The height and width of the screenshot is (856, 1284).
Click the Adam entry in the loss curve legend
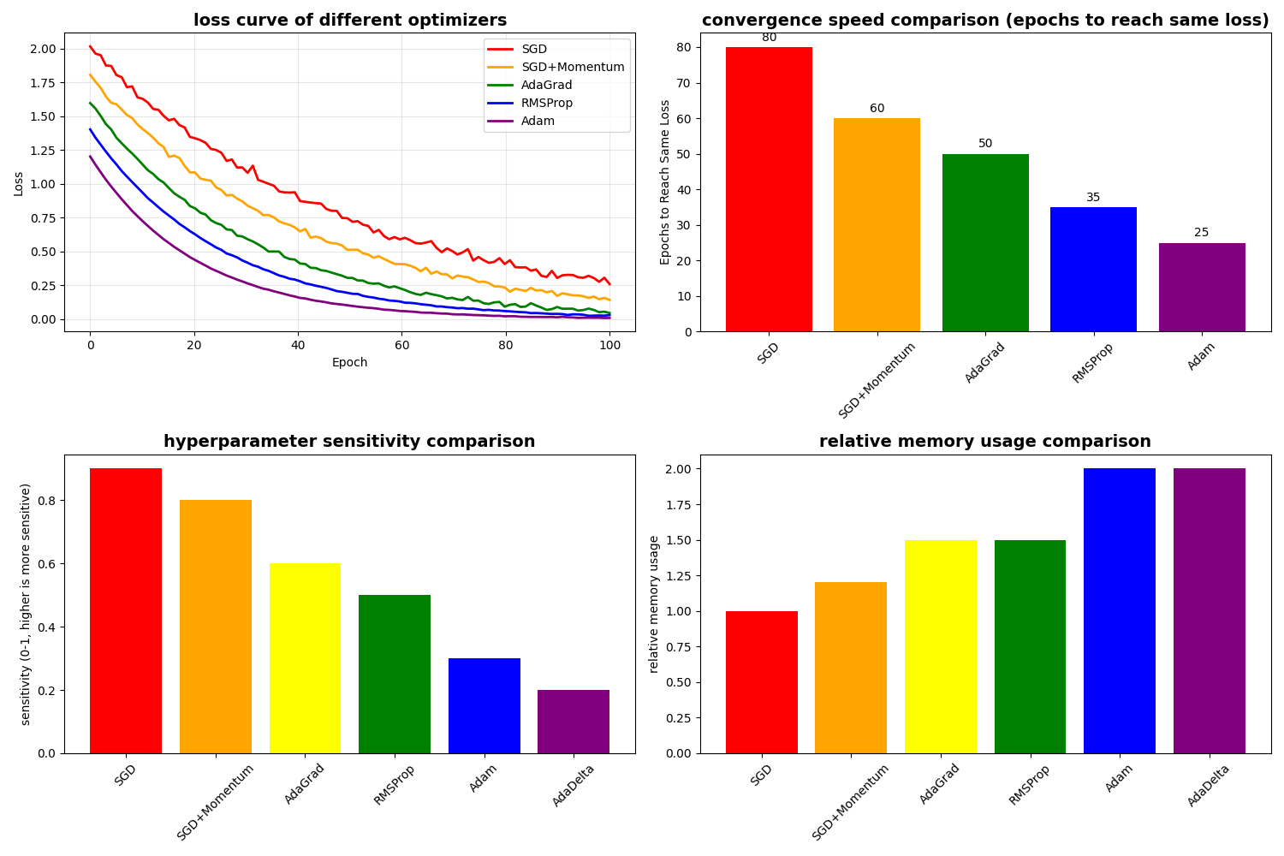coord(538,121)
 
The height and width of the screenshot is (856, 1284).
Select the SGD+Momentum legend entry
coord(573,67)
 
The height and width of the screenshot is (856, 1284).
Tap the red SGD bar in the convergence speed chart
coord(769,189)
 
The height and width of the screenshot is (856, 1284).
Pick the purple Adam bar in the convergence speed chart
coord(1202,287)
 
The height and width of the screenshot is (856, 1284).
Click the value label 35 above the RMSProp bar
coord(1093,198)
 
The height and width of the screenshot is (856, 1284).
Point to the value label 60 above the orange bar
coord(877,109)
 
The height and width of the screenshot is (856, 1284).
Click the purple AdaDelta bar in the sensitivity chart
coord(574,721)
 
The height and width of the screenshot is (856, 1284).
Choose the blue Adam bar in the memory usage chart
coord(1119,610)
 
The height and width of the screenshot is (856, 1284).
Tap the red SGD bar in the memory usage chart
coord(761,681)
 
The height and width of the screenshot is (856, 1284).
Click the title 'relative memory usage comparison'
coord(984,442)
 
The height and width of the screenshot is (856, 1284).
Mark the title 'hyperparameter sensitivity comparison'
coord(349,442)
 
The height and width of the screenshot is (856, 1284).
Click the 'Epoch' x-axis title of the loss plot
coord(349,362)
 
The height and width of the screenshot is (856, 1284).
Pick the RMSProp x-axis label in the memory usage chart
coord(1030,783)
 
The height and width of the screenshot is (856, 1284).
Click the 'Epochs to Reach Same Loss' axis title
coord(665,182)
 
